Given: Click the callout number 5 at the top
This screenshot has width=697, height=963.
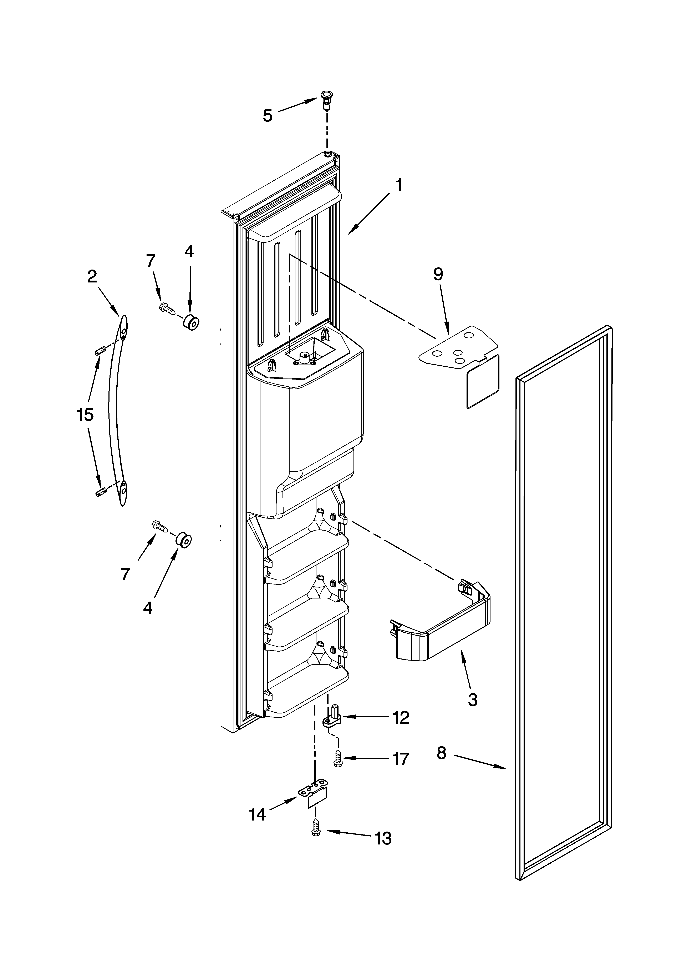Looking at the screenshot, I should [268, 115].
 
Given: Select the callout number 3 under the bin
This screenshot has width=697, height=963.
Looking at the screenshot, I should [472, 699].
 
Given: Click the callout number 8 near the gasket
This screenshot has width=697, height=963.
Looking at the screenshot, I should [442, 753].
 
